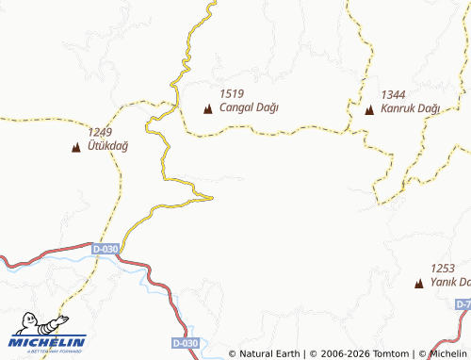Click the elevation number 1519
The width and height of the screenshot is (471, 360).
point(232,93)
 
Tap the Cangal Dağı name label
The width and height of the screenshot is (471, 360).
point(250,107)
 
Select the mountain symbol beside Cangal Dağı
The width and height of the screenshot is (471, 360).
point(208,109)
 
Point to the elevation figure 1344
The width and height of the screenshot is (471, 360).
point(394,95)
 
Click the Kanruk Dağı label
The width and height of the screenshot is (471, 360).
point(411,109)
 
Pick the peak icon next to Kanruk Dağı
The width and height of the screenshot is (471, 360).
point(369,110)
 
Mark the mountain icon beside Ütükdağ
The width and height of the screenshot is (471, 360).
point(75,147)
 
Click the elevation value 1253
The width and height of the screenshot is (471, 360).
point(443,269)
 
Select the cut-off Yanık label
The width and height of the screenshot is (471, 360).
point(449,283)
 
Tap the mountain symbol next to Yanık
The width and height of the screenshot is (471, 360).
point(419,283)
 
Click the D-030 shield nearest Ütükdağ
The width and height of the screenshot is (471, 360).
point(106,249)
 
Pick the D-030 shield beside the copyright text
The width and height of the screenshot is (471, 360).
point(187,343)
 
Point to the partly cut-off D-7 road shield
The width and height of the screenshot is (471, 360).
point(463,304)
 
